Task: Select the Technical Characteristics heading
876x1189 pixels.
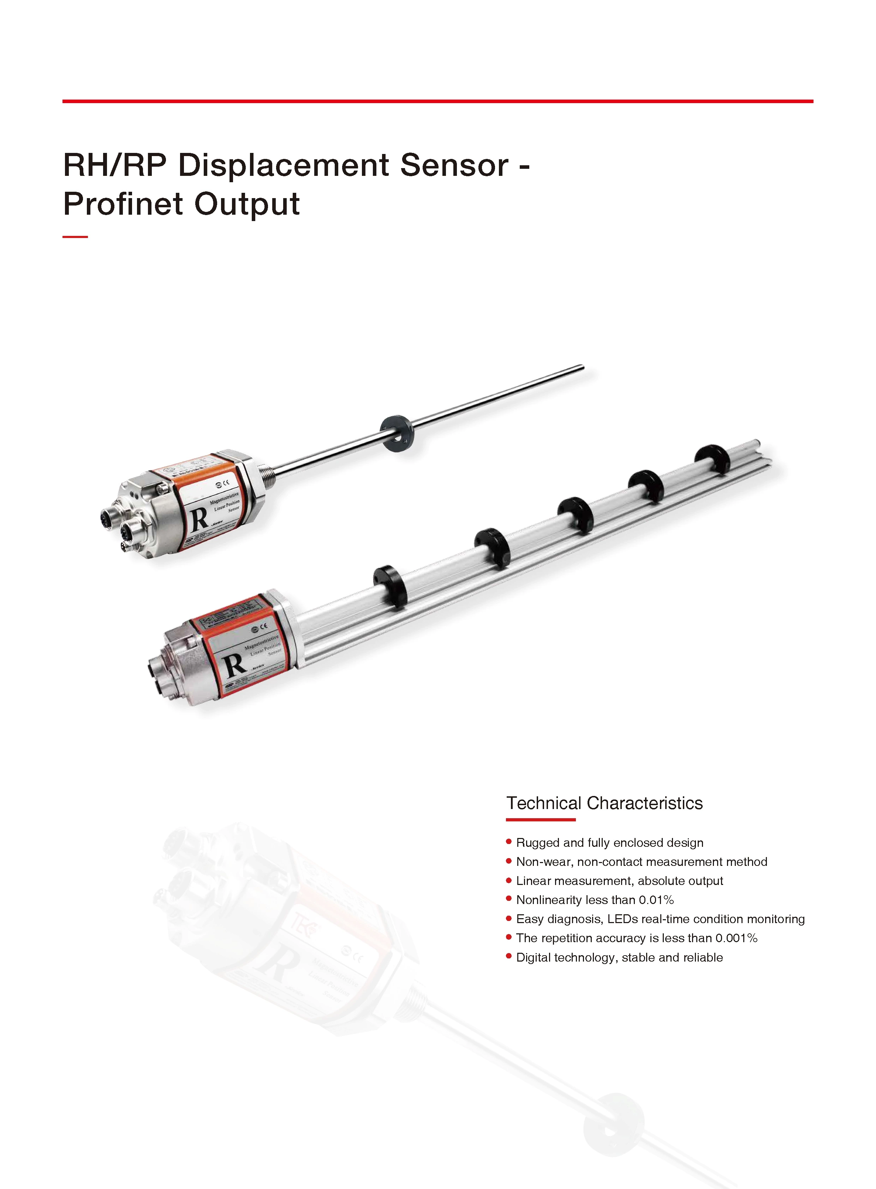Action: pyautogui.click(x=604, y=803)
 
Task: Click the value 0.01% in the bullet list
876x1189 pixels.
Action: pyautogui.click(x=656, y=900)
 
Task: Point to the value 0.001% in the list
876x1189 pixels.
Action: pyautogui.click(x=736, y=938)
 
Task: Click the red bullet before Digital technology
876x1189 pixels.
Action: pyautogui.click(x=509, y=956)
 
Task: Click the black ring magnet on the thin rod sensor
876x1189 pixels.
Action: pyautogui.click(x=397, y=433)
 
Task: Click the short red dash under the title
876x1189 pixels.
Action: pyautogui.click(x=75, y=237)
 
